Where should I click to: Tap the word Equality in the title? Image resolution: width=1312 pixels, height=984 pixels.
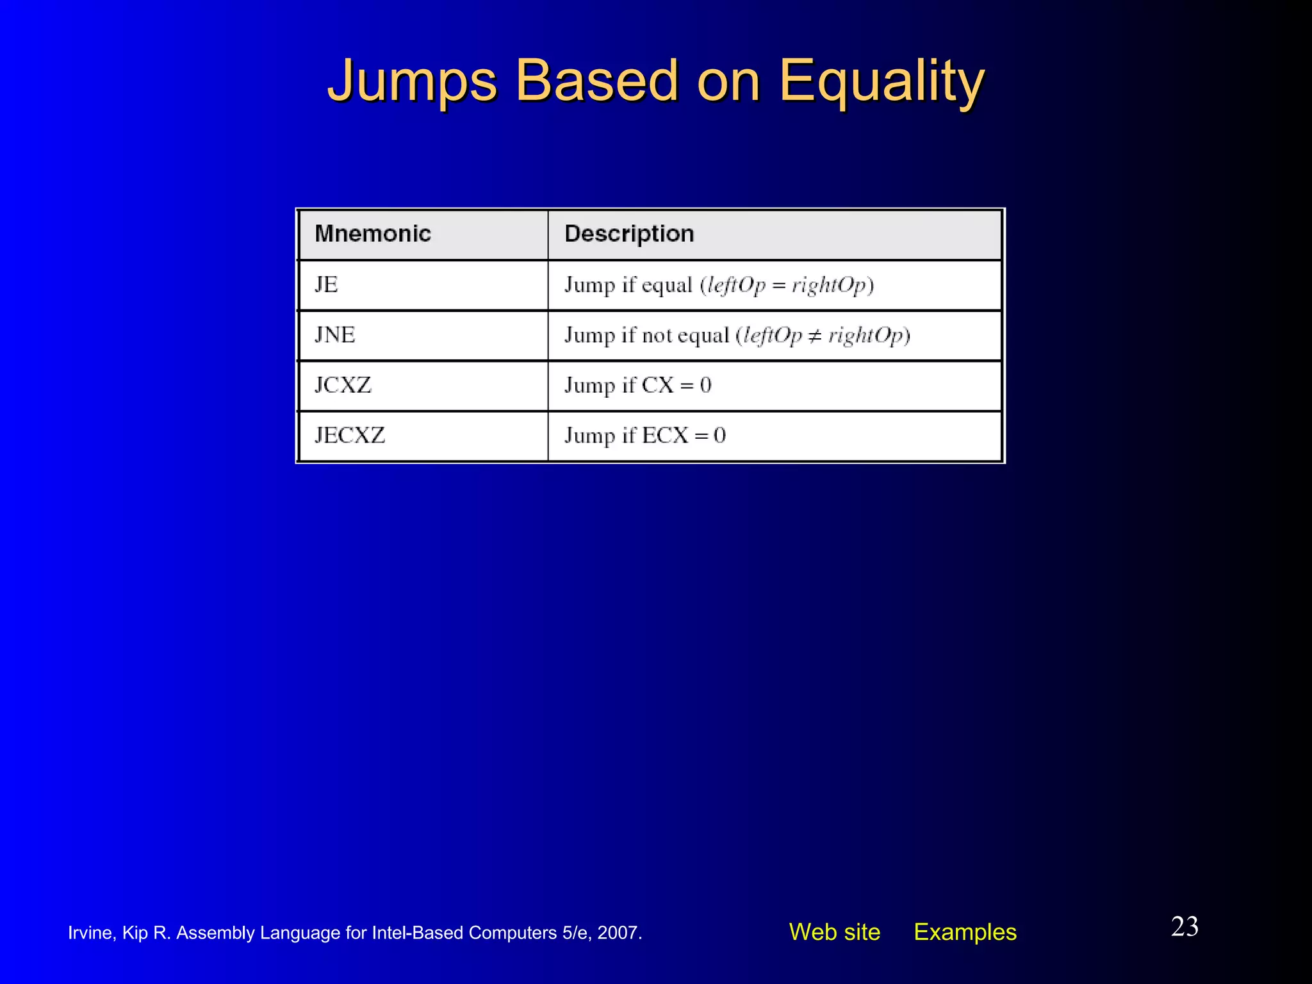point(881,81)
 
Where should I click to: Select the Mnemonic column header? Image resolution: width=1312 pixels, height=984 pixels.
point(373,234)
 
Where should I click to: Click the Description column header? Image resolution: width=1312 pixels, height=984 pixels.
point(629,234)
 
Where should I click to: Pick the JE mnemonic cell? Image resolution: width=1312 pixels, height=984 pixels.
point(326,284)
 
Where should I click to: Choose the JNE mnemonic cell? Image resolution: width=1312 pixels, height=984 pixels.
point(334,334)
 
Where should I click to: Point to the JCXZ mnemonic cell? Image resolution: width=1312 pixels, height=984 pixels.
point(343,385)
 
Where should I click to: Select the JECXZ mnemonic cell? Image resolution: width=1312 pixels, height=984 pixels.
point(350,436)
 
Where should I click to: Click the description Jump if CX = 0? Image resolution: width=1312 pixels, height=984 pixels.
point(637,386)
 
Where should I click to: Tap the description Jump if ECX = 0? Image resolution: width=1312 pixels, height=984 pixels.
point(644,436)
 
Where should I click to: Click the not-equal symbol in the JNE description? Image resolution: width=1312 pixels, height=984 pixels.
point(815,336)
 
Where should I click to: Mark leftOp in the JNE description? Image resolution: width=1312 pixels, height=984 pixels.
point(773,336)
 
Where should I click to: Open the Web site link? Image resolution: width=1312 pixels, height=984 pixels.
point(834,932)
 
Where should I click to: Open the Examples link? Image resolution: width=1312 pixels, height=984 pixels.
point(965,932)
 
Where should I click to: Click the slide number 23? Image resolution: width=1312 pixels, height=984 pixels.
point(1185,926)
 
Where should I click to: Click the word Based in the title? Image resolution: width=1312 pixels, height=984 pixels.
point(596,81)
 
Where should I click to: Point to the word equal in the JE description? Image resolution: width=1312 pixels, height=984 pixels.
point(667,285)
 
